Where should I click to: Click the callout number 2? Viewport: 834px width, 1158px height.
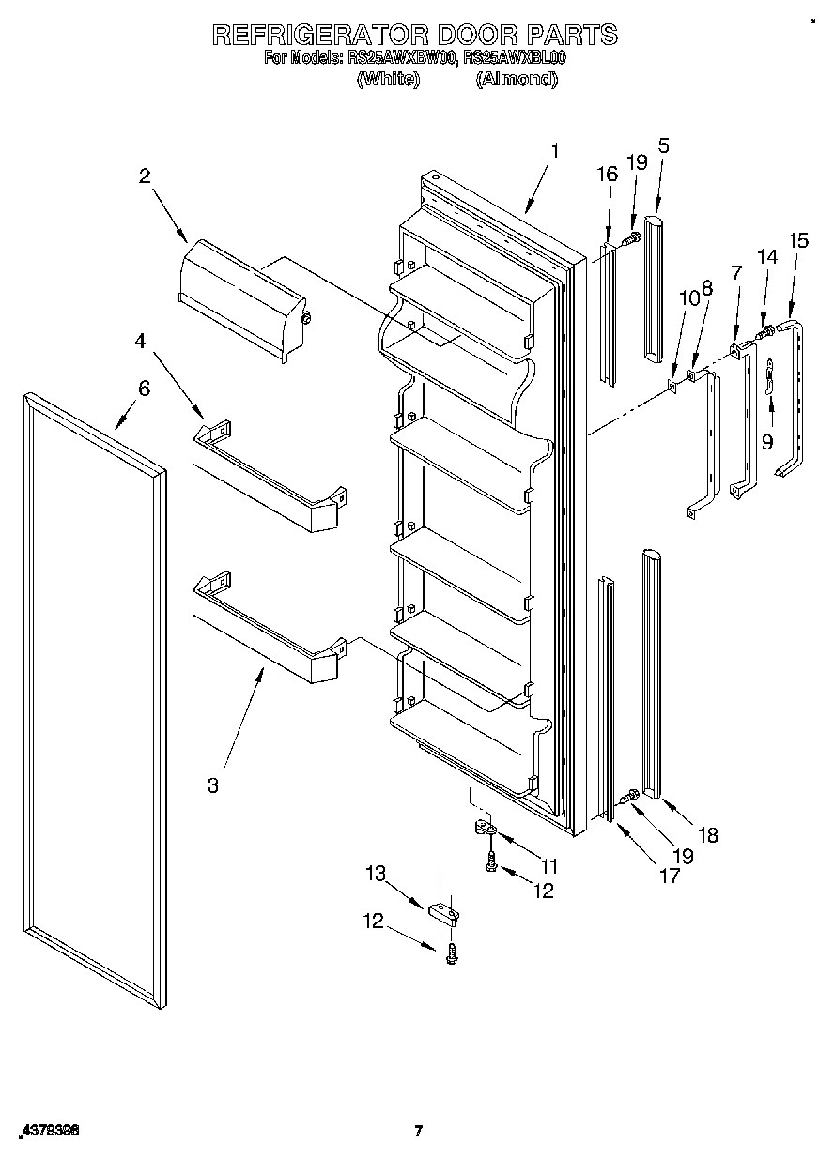(x=145, y=175)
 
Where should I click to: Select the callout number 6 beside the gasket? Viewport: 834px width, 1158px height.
(x=144, y=388)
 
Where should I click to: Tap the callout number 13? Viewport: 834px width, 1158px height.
(x=376, y=874)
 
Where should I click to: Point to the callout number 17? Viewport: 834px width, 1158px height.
(x=670, y=876)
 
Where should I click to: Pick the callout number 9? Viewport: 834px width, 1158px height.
(x=767, y=441)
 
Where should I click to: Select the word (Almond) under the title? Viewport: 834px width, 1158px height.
(x=517, y=79)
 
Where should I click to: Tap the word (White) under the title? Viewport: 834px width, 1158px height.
(x=387, y=79)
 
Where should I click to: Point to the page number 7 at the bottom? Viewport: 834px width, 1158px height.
(x=419, y=1131)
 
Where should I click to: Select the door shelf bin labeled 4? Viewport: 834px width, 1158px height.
(x=268, y=479)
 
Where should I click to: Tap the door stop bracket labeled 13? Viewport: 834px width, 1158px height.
(x=443, y=911)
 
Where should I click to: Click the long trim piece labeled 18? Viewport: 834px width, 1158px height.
(x=650, y=671)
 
